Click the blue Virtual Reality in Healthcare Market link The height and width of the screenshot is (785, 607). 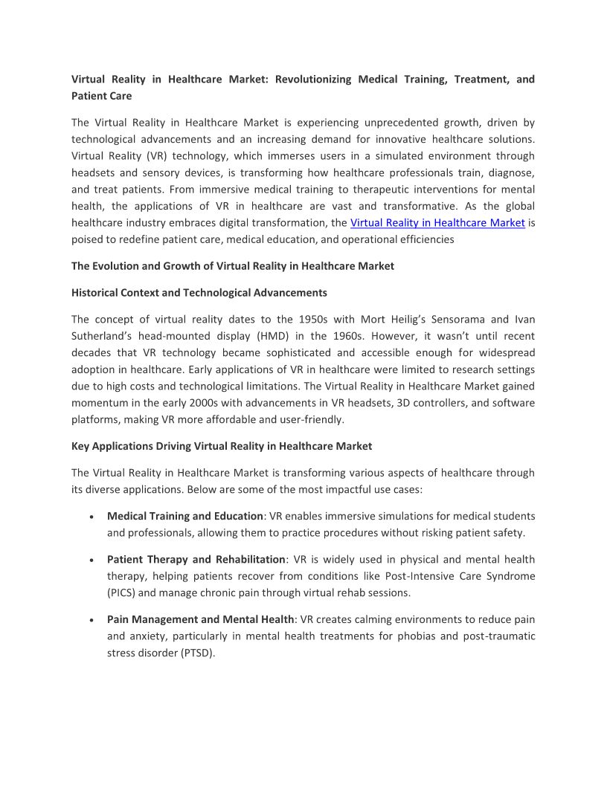point(437,223)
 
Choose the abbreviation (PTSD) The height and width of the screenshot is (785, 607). point(197,653)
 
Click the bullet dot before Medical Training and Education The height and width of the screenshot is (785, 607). point(91,517)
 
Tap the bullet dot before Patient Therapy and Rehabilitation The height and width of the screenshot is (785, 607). point(91,560)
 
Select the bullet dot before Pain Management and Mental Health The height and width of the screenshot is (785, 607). point(91,620)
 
